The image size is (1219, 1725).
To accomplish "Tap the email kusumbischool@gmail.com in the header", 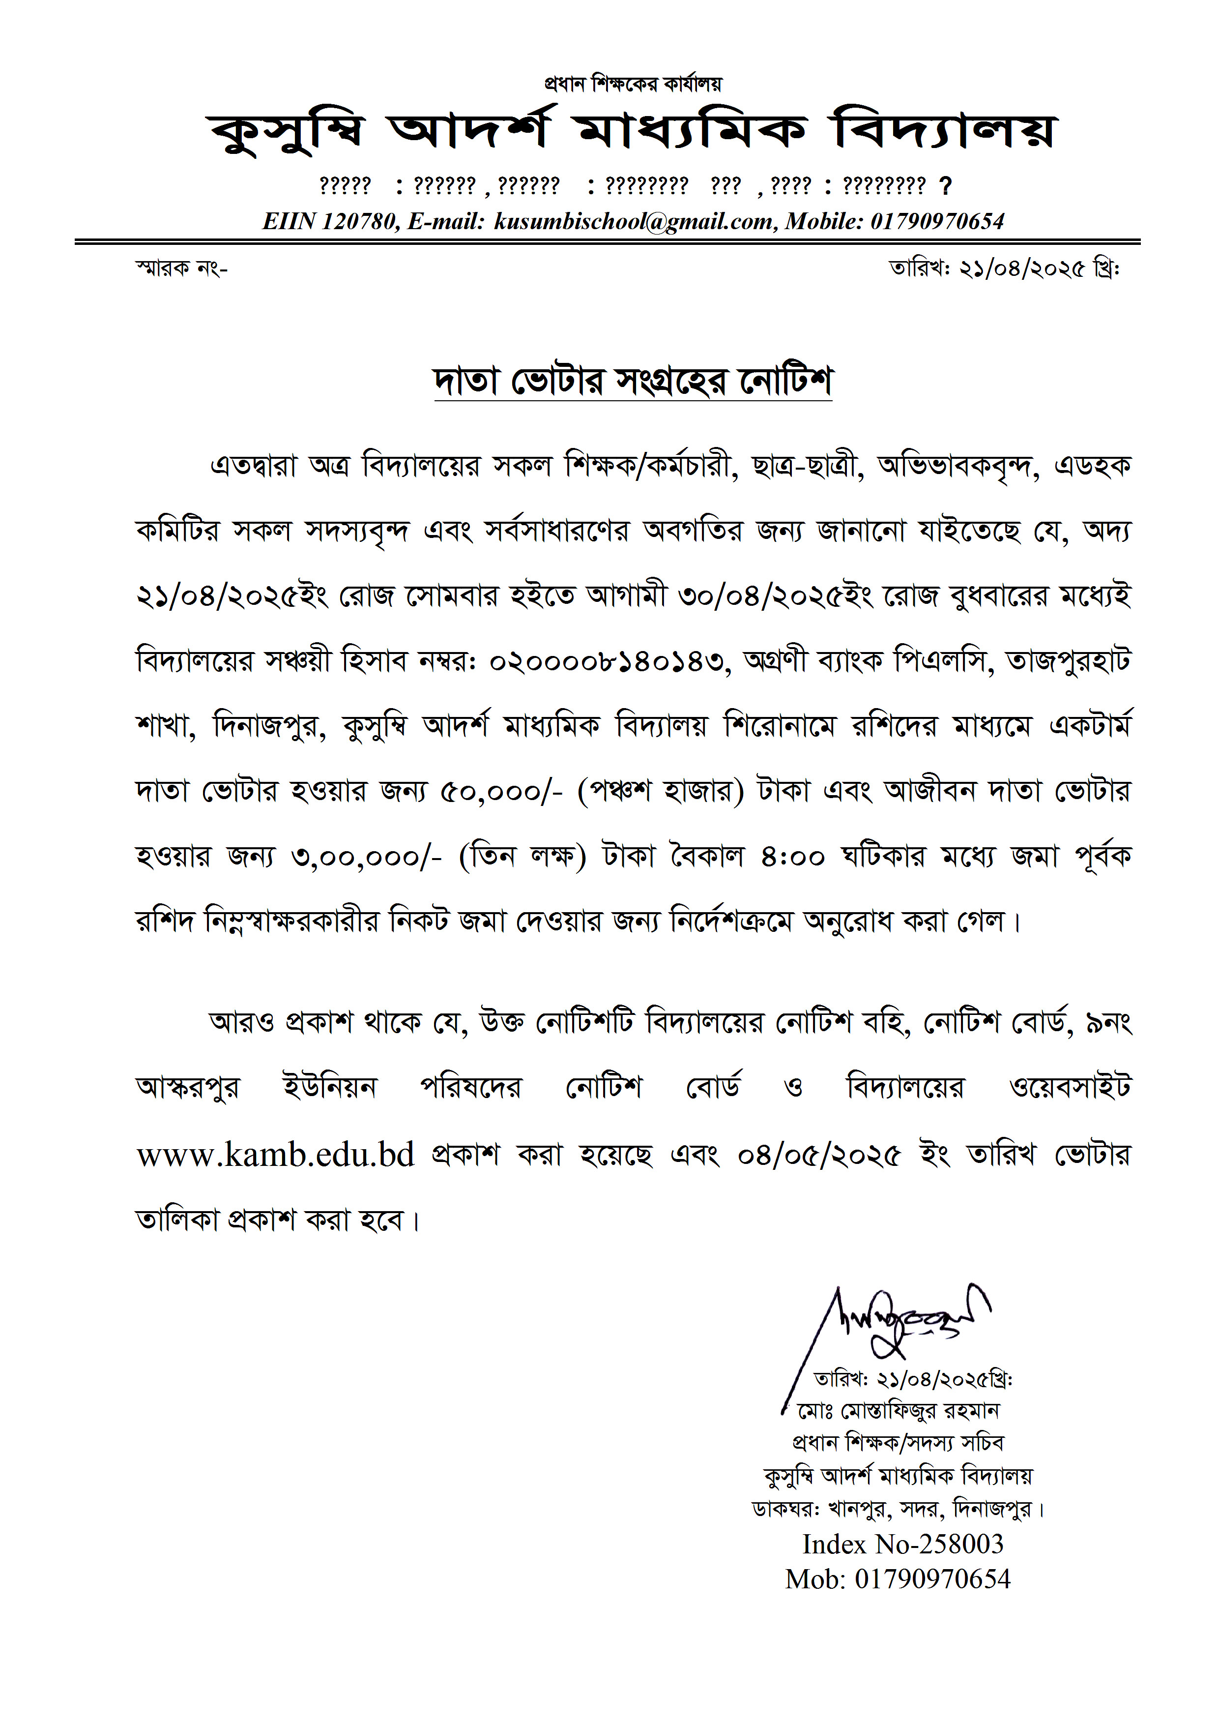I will pos(633,221).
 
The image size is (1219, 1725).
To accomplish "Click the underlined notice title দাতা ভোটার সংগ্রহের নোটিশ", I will pos(633,381).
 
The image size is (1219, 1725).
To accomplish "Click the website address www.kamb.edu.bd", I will pos(276,1155).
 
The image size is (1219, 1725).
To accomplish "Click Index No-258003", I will pos(903,1544).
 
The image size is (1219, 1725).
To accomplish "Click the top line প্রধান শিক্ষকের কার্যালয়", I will pos(633,84).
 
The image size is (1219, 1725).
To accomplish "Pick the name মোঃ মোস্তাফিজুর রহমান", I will pos(899,1411).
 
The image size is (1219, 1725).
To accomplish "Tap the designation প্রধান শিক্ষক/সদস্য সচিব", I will pos(899,1443).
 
